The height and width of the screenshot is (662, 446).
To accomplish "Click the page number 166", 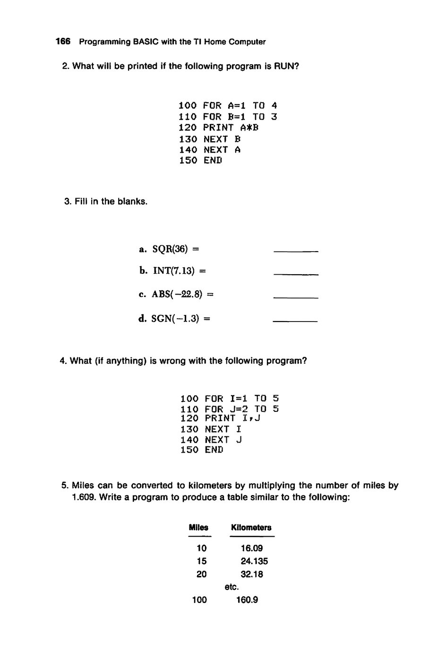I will coord(63,42).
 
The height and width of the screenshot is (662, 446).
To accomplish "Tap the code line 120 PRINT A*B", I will coord(219,128).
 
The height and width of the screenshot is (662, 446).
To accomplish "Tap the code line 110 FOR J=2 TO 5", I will coord(230,409).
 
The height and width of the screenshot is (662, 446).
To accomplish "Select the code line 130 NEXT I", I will coord(211,429).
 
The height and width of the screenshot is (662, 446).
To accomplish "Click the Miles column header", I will coord(198,527).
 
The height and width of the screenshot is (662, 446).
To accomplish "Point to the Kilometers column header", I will coord(251,527).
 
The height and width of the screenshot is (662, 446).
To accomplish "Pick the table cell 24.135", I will coord(254,561).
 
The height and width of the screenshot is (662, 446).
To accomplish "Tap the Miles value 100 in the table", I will coord(199,600).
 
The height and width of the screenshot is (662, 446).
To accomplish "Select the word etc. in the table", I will coord(232,587).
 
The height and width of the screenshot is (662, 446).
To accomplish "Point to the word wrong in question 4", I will coord(173,361).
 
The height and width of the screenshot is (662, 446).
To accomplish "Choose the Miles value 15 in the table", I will coord(202,561).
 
